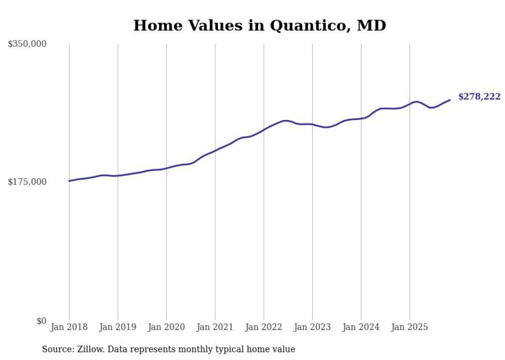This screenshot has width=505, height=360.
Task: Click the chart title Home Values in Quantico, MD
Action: (x=259, y=25)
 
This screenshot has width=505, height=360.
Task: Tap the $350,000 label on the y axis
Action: (x=27, y=44)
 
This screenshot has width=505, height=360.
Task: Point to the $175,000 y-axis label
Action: (x=27, y=182)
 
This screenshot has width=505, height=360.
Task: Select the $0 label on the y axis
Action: (x=41, y=321)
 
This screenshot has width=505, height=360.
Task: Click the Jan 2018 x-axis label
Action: (x=69, y=327)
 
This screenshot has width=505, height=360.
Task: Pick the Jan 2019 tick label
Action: (x=117, y=327)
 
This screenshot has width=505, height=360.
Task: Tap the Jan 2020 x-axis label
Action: (x=166, y=327)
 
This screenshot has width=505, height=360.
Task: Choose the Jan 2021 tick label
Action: (x=215, y=327)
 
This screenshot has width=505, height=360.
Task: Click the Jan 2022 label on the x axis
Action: (x=264, y=327)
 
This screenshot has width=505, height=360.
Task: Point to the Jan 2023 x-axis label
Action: (x=312, y=327)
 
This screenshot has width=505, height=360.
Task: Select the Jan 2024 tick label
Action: (x=361, y=327)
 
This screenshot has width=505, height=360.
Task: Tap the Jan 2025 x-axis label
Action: (x=410, y=327)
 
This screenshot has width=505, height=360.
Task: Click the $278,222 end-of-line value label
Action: (x=479, y=97)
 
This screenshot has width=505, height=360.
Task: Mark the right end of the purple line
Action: (x=450, y=100)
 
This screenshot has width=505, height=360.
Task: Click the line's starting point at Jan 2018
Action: (x=69, y=181)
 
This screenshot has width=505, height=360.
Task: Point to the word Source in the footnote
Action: (x=57, y=349)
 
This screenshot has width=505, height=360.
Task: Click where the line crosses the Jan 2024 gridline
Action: (x=361, y=118)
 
